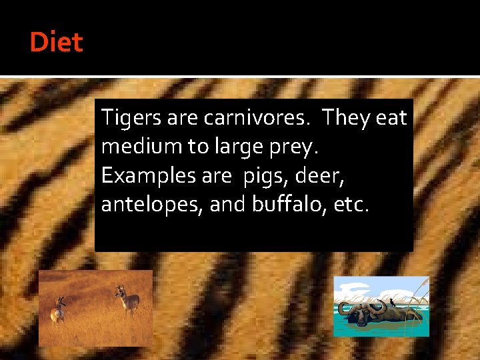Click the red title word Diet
[x=56, y=43]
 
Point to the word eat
[x=391, y=118]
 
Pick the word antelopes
[x=152, y=205]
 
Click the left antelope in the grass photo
[x=59, y=310]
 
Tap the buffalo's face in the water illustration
[x=362, y=316]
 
